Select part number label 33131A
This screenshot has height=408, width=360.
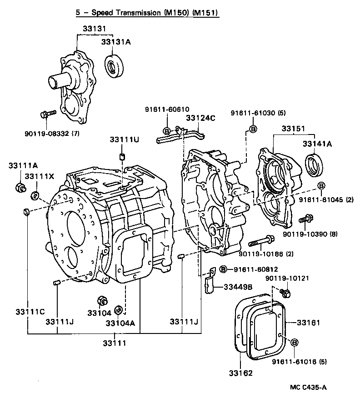coord(115,42)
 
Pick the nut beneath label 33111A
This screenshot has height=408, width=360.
coord(20,186)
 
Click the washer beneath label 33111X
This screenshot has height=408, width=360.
coord(34,196)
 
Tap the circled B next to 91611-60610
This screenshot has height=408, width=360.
coord(166,131)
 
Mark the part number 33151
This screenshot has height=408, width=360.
coord(293,129)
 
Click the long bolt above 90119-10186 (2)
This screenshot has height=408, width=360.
coord(260,239)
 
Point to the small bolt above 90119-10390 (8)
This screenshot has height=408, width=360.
coord(305,220)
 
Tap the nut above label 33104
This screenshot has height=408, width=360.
coord(102,301)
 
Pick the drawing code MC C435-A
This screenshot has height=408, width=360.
coord(308,387)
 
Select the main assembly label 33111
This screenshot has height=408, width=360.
coord(114,343)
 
